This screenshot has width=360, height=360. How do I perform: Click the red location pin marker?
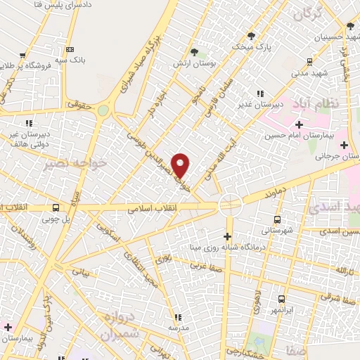tap(181, 165)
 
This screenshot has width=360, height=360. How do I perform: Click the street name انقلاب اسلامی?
tap(151, 209)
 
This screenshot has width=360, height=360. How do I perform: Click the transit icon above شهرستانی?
tap(278, 218)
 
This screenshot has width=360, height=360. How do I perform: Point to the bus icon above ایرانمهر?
tap(281, 299)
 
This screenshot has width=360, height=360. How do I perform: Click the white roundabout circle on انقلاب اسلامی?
tap(230, 205)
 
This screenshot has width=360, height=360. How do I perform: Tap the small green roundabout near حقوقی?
tap(103, 110)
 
